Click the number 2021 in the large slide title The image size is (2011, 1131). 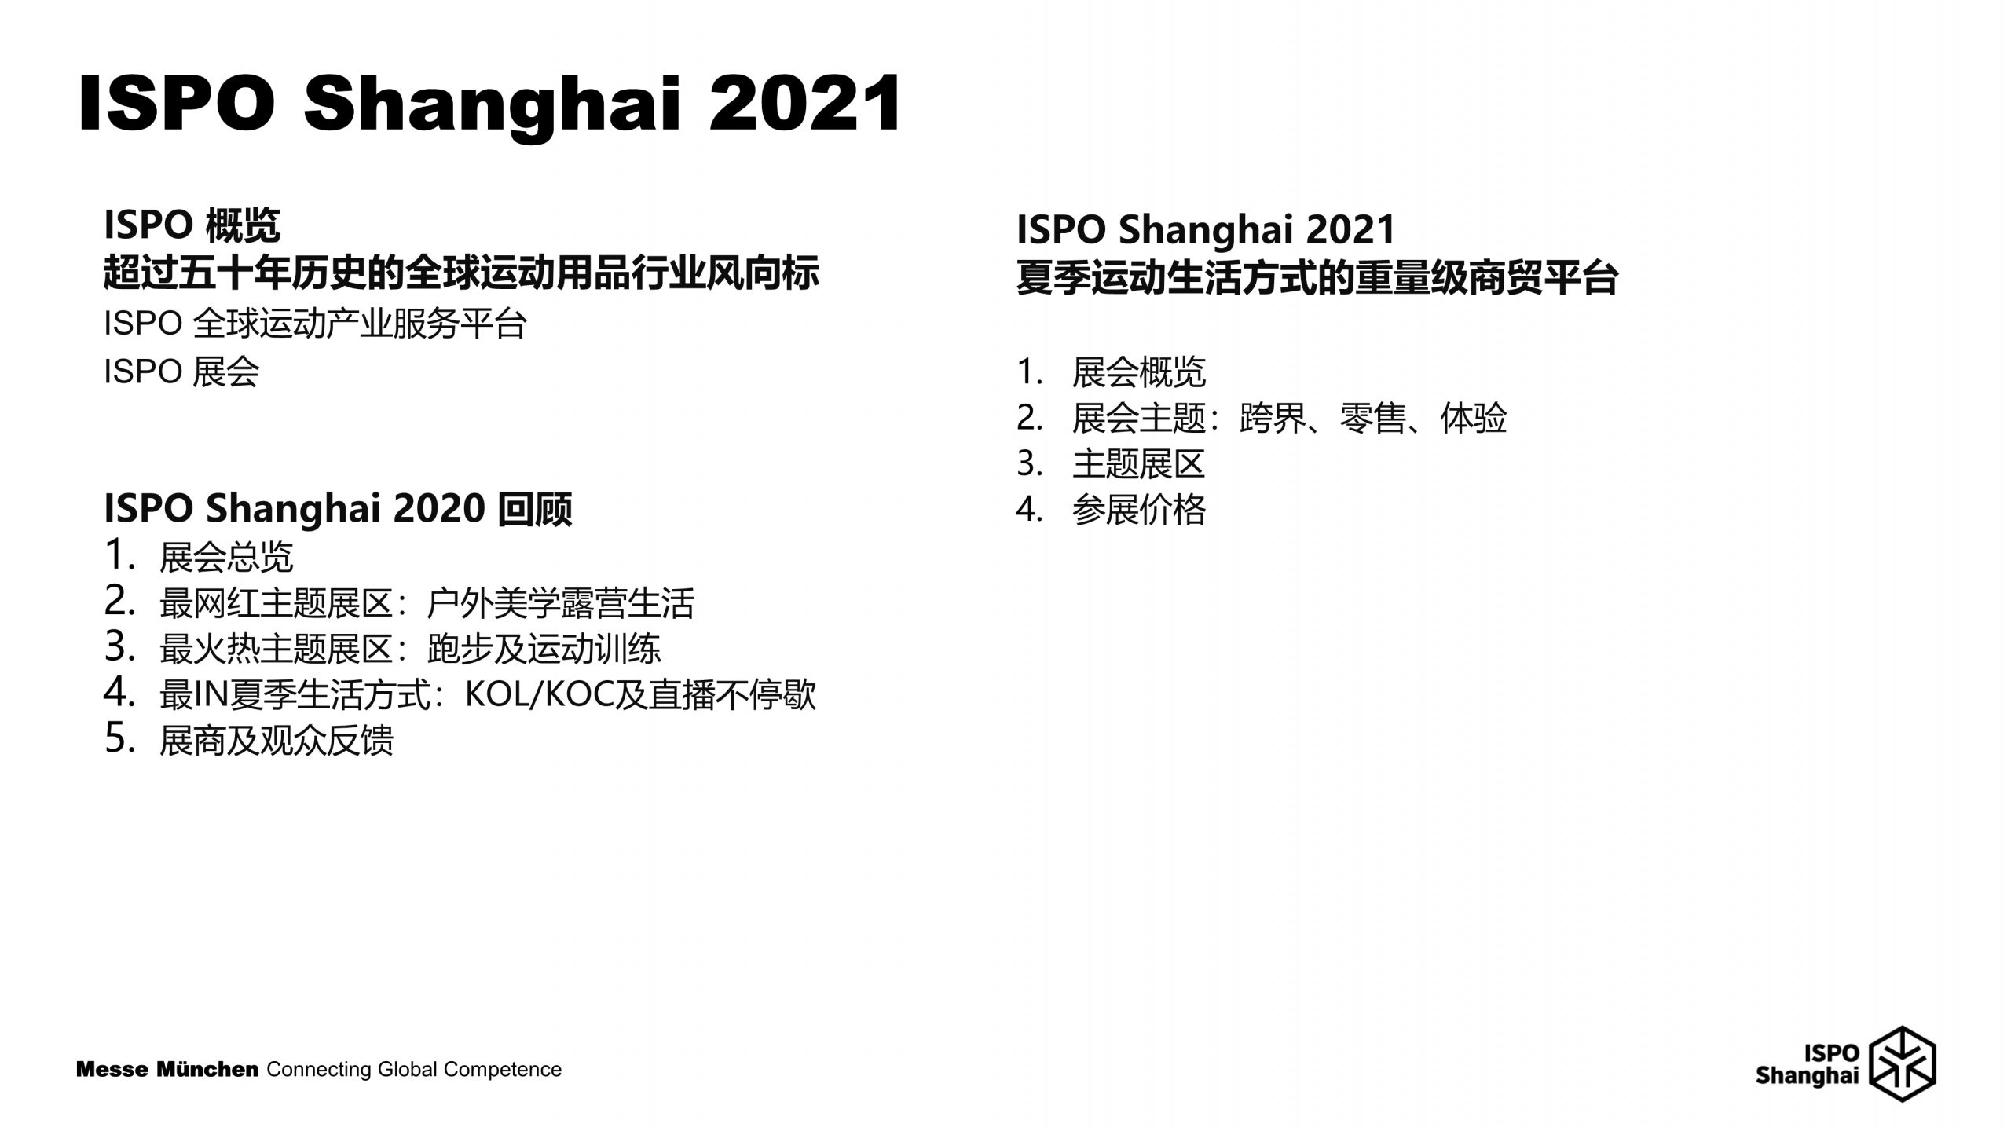click(x=804, y=104)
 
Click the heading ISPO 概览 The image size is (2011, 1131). click(x=192, y=226)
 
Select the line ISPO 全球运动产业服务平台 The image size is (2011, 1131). click(x=315, y=324)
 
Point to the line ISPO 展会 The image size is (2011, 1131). click(x=181, y=371)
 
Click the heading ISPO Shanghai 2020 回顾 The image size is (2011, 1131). click(x=338, y=509)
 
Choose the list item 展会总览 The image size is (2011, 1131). click(x=226, y=557)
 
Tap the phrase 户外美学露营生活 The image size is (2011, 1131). click(x=561, y=603)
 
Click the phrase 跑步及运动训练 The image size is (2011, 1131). click(x=544, y=649)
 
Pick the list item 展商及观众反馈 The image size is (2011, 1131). click(x=277, y=740)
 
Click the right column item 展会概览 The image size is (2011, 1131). click(x=1139, y=372)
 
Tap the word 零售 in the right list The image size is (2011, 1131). click(x=1373, y=418)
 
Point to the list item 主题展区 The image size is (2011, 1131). click(x=1139, y=463)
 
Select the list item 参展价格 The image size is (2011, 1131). click(x=1139, y=510)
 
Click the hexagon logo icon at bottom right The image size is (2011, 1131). click(x=1902, y=1063)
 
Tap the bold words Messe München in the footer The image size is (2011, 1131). click(x=167, y=1070)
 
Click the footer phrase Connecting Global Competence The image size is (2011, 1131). click(x=415, y=1070)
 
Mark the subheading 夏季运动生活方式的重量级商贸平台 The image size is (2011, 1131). click(x=1317, y=277)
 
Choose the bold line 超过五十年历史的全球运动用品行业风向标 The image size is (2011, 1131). click(x=462, y=273)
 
